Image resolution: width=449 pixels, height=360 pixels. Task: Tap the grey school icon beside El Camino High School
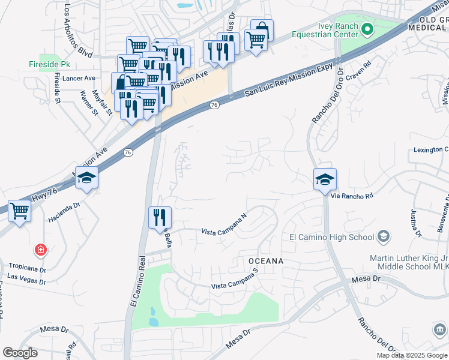pyautogui.click(x=383, y=237)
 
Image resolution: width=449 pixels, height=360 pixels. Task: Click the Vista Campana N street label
pyautogui.click(x=224, y=226)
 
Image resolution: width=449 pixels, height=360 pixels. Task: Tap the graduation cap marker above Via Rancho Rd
pyautogui.click(x=325, y=179)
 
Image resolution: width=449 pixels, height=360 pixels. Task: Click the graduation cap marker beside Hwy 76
pyautogui.click(x=86, y=178)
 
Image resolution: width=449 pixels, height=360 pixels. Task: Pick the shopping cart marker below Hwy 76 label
pyautogui.click(x=20, y=212)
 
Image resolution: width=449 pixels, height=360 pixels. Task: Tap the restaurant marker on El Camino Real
pyautogui.click(x=159, y=217)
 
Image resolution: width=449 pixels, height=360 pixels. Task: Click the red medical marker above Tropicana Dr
pyautogui.click(x=40, y=248)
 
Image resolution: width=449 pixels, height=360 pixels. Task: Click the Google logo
pyautogui.click(x=20, y=353)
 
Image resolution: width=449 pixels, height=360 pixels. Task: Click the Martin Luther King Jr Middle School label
pyautogui.click(x=408, y=263)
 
